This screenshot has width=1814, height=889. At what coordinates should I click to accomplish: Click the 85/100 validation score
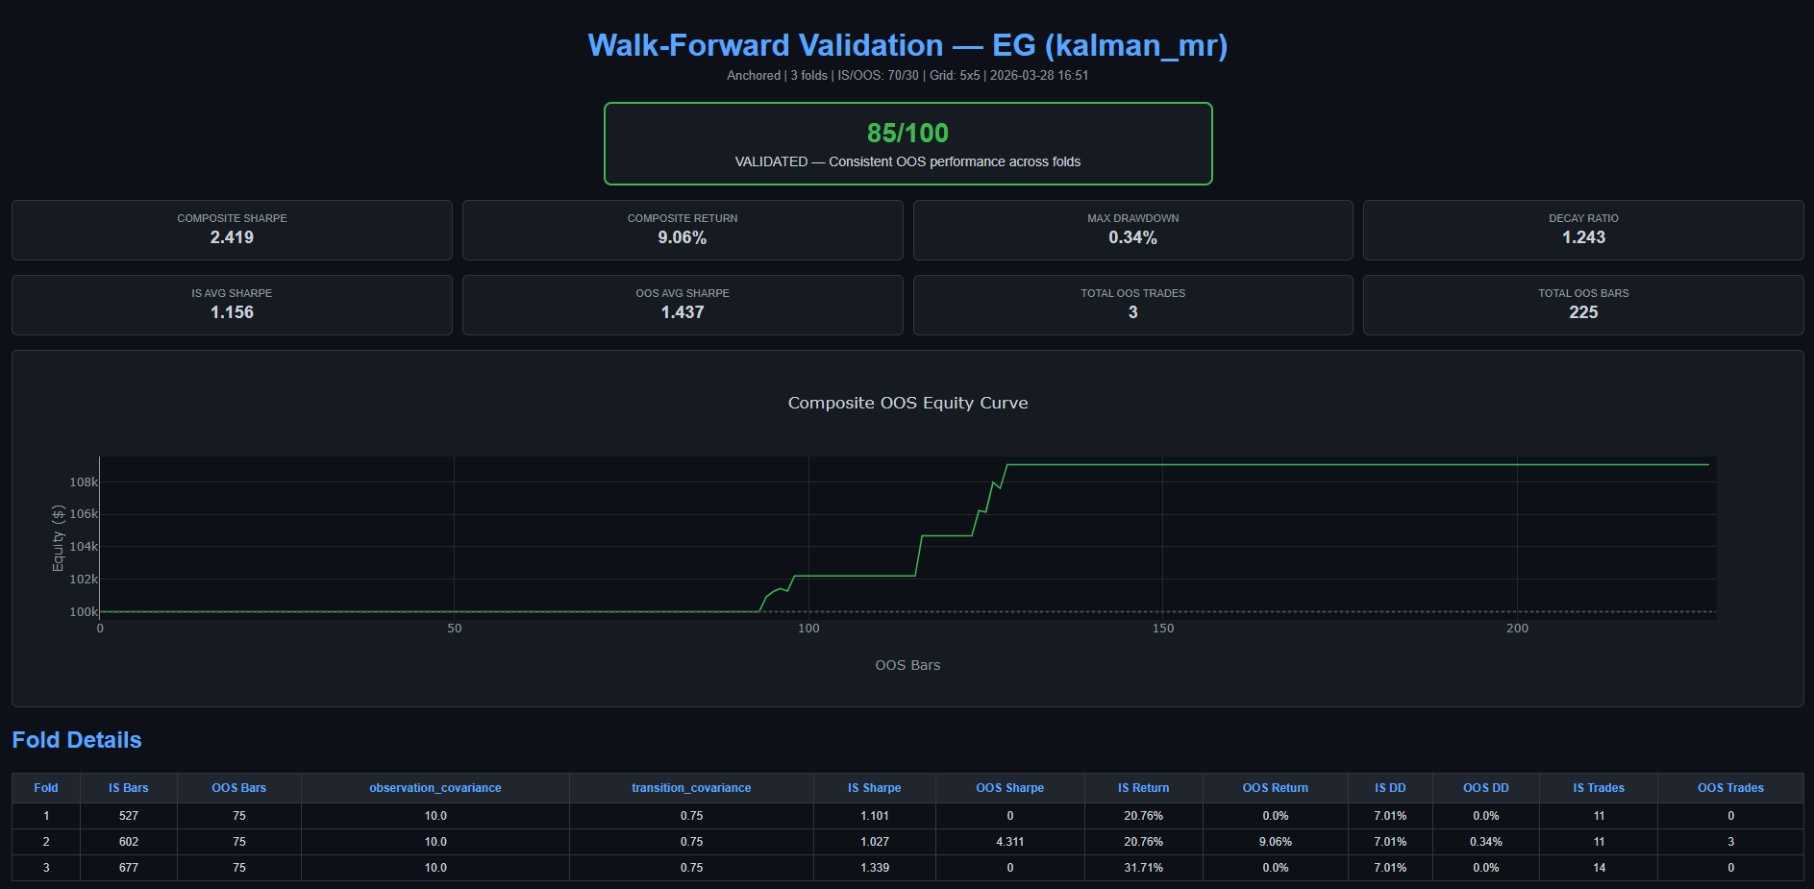[907, 133]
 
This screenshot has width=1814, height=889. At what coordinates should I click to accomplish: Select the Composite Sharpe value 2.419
[232, 237]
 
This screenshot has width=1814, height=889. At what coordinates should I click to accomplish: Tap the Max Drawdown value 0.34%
[1132, 237]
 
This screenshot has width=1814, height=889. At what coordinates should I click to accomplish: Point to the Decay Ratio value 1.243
[1583, 237]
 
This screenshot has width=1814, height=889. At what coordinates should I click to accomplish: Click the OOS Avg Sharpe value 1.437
[683, 312]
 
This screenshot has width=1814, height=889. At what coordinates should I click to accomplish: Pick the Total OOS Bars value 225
[1583, 312]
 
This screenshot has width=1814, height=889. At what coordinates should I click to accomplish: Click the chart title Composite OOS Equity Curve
[907, 403]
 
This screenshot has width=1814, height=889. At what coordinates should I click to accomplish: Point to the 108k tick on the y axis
[84, 482]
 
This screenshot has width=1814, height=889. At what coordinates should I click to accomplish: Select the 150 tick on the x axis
[1162, 629]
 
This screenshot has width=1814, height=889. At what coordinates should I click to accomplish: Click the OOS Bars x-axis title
[907, 665]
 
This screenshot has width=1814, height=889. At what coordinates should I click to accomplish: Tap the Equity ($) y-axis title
[58, 538]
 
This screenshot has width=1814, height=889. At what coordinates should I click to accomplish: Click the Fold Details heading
[77, 740]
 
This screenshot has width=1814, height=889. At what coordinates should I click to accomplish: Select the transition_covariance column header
[691, 788]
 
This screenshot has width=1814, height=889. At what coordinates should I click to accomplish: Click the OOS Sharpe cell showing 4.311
[1009, 842]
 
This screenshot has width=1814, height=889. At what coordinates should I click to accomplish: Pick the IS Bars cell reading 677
[129, 868]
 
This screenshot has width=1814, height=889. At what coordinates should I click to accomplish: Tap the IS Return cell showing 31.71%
[1143, 868]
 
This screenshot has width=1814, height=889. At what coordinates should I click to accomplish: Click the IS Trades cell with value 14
[1599, 868]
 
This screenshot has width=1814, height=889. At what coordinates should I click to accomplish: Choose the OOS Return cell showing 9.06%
[1275, 842]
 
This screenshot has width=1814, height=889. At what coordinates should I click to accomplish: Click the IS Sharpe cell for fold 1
[874, 816]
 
